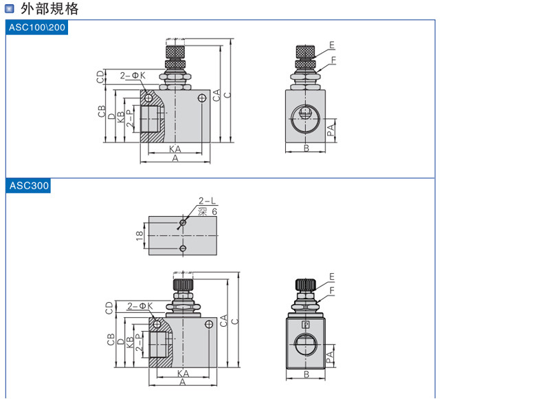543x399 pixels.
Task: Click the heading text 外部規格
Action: point(49,9)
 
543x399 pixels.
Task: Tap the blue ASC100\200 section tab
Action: point(37,28)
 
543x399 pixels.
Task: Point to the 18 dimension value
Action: point(139,236)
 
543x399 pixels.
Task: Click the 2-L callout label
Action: point(207,202)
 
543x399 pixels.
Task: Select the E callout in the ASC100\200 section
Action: point(331,45)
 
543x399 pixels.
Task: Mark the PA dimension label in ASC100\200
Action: point(331,130)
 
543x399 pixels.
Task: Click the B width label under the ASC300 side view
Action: point(306,376)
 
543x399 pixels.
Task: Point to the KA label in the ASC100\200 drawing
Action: point(175,149)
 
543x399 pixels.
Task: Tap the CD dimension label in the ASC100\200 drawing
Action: point(100,77)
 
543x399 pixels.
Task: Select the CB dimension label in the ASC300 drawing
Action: point(110,339)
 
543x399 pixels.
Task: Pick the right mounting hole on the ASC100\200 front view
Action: point(201,99)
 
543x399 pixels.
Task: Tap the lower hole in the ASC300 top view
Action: point(183,248)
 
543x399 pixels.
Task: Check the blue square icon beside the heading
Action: point(9,9)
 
